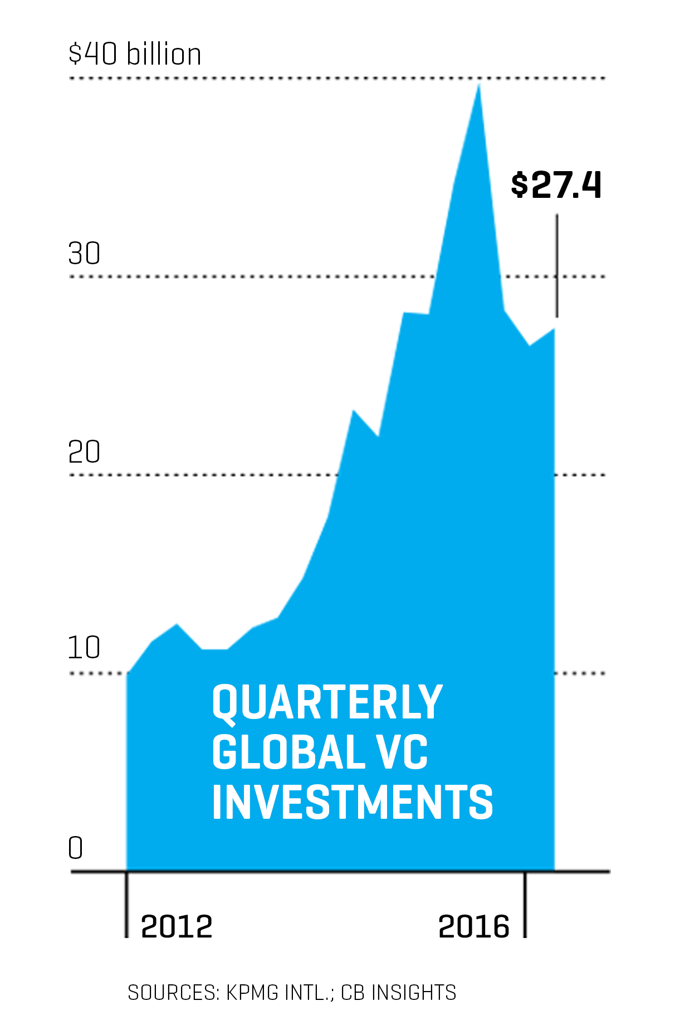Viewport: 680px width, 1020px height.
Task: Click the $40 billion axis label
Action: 134,55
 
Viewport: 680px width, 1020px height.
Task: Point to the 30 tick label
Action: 84,254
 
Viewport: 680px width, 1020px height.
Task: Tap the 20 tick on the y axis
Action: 84,452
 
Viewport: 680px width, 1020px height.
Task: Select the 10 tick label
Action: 84,648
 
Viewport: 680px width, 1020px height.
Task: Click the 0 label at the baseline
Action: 75,848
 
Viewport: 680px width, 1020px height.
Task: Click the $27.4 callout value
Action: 556,186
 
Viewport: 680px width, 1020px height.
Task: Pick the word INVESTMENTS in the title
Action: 353,802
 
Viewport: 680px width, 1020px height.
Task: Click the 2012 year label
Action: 177,927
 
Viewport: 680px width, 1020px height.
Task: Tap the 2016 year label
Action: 474,927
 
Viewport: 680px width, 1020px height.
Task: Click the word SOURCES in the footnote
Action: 173,993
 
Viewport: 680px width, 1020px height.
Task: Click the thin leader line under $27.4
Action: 557,265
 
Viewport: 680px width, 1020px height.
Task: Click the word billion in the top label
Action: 164,55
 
